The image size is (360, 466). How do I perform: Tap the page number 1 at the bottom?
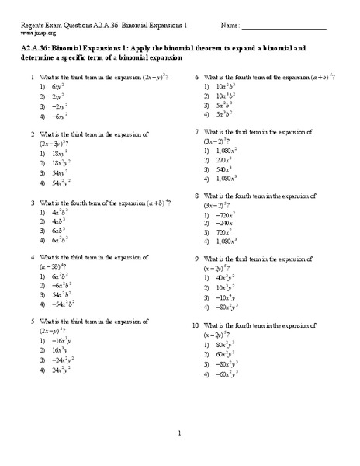coord(179,433)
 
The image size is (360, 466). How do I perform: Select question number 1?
coord(32,78)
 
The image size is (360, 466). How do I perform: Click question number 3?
coord(32,202)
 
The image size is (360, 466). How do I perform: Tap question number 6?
coord(197,78)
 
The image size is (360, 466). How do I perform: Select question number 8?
coord(197,196)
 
